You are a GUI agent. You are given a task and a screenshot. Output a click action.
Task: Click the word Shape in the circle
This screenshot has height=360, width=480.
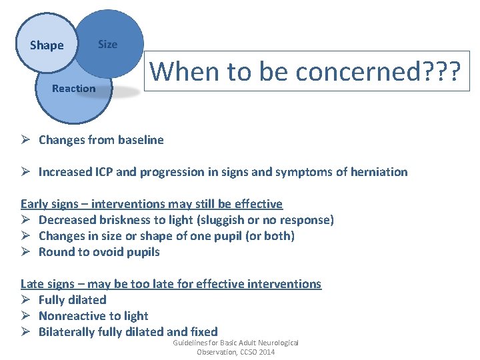tap(47, 45)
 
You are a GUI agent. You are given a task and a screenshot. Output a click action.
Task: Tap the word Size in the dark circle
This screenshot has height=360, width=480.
tap(107, 45)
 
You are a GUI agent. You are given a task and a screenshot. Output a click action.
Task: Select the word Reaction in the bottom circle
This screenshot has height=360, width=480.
tap(73, 88)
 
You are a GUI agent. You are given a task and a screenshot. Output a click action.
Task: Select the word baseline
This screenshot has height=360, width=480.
tap(139, 140)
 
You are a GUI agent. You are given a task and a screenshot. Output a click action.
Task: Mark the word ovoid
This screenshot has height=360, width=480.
tap(102, 252)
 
